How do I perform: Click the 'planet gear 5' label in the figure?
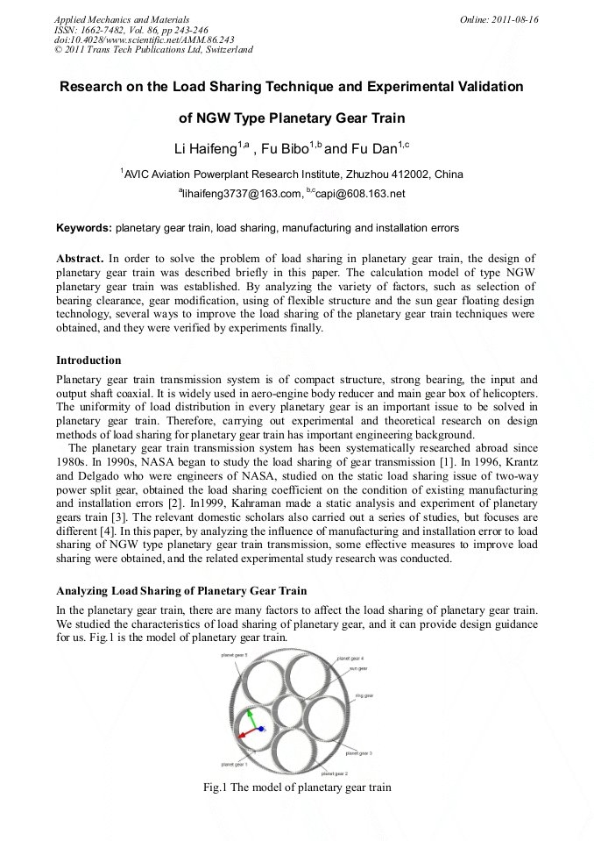pos(235,655)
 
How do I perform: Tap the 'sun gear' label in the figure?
pos(358,668)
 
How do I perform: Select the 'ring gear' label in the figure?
pos(364,695)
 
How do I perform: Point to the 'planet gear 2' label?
pos(335,773)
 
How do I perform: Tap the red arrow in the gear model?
pos(246,731)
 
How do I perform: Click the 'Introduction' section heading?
pos(88,360)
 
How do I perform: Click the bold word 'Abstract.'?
pos(80,259)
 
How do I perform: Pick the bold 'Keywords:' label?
pos(84,228)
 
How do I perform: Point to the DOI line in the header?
pos(144,39)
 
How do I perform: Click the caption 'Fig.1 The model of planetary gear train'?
pos(297,788)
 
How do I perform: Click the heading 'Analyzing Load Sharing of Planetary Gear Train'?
pos(181,590)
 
